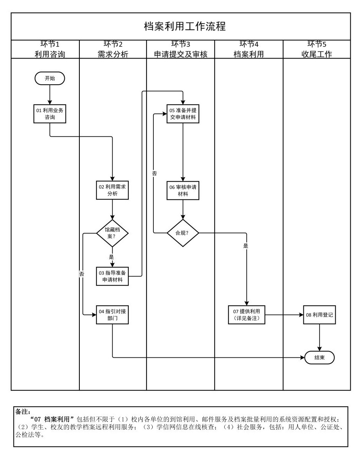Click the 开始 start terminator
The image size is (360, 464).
50,78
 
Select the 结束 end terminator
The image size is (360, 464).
319,357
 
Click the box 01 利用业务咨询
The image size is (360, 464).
50,114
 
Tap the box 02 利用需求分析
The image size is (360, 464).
112,190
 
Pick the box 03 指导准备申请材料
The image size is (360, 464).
112,276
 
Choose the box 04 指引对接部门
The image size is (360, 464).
112,315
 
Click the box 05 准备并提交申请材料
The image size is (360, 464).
183,114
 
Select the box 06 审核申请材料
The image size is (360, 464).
183,190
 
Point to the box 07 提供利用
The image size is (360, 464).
246,315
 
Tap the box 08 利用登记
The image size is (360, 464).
319,315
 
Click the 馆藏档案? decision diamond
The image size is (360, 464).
112,233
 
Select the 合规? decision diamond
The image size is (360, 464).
183,233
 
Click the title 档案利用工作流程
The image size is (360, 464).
185,26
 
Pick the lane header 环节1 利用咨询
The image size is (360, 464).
50,49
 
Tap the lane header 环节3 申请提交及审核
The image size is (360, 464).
180,49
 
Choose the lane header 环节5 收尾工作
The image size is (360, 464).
316,49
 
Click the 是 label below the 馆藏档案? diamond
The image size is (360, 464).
111,257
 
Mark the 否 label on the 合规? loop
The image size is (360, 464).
154,174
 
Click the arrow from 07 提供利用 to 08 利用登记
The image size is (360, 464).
284,315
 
